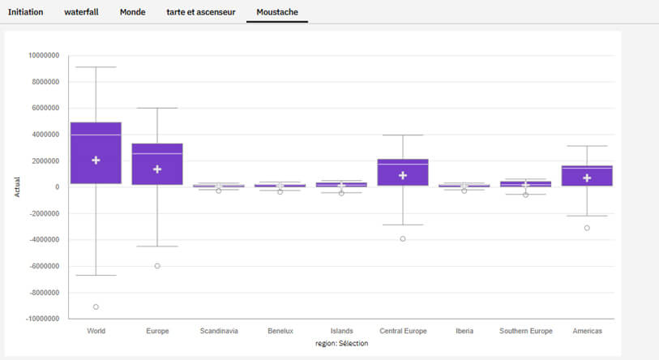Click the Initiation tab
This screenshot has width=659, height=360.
point(25,12)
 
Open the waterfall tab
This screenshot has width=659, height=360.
point(81,12)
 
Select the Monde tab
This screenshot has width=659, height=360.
point(132,12)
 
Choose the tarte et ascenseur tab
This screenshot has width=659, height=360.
point(201,12)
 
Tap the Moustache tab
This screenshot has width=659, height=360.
point(276,12)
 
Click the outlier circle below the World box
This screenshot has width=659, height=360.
point(96,306)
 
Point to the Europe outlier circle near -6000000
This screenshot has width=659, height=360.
point(157,266)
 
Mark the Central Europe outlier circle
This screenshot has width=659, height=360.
point(403,239)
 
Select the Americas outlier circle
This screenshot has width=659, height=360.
point(587,228)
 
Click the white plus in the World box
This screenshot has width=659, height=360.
point(96,161)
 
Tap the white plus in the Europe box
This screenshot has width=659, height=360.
point(157,169)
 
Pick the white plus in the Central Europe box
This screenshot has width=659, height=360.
point(403,175)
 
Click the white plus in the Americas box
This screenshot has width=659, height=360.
point(587,178)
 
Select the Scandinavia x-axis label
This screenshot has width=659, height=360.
point(219,331)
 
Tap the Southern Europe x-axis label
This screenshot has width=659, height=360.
point(525,331)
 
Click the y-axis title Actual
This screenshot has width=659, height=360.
point(18,188)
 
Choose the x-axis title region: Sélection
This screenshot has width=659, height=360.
point(341,344)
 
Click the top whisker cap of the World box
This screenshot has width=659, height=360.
point(96,67)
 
